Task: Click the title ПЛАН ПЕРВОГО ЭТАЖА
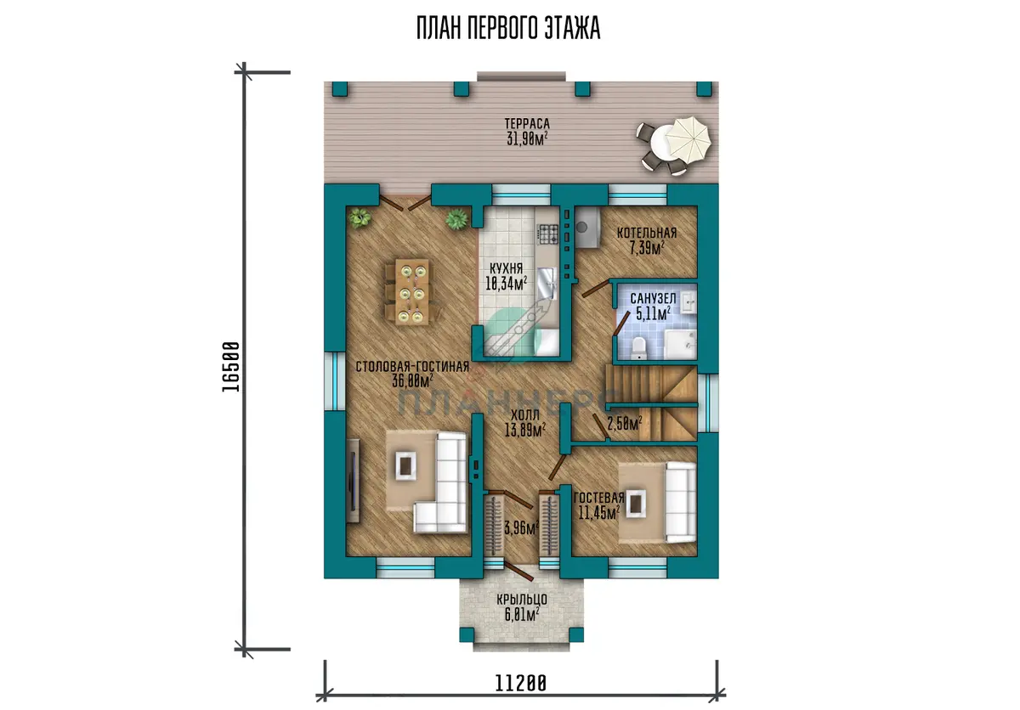point(508,28)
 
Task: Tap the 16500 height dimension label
point(231,367)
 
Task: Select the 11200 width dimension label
point(520,684)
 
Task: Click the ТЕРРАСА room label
point(527,124)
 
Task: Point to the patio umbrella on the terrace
point(688,137)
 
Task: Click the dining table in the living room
point(412,291)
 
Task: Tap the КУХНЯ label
point(506,268)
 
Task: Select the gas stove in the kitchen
point(548,234)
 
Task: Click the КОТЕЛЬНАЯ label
point(647,233)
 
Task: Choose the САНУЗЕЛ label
point(653,298)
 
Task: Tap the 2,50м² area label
point(624,424)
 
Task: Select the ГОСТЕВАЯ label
point(598,498)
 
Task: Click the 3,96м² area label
point(521,528)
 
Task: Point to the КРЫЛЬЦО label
point(522,600)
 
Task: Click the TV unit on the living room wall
point(353,481)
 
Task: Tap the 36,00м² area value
point(412,380)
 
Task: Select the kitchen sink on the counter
point(547,283)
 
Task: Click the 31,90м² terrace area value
point(527,138)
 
